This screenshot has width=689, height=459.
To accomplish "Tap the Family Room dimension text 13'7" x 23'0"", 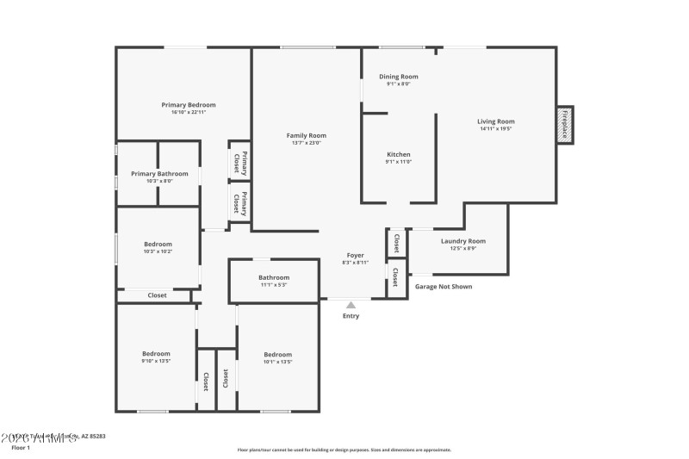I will pyautogui.click(x=306, y=143).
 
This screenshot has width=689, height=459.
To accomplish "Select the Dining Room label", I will pyautogui.click(x=399, y=77).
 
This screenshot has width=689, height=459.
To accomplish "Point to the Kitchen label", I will pyautogui.click(x=398, y=154).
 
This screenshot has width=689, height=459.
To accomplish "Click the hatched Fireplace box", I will pyautogui.click(x=565, y=125).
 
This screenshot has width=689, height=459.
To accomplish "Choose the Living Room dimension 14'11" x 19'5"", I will pyautogui.click(x=496, y=129).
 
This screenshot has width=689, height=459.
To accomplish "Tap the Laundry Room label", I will pyautogui.click(x=463, y=241).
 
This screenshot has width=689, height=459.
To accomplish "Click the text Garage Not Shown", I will pyautogui.click(x=444, y=287).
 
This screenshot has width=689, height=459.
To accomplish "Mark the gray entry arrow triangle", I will pyautogui.click(x=351, y=304).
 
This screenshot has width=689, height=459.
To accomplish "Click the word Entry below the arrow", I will pyautogui.click(x=351, y=316).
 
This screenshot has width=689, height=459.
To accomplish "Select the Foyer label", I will pyautogui.click(x=355, y=255).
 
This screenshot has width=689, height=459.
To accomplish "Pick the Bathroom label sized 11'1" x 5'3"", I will pyautogui.click(x=274, y=277).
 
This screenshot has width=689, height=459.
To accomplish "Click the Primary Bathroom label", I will pyautogui.click(x=159, y=173).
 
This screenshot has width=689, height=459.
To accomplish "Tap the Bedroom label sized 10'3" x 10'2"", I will pyautogui.click(x=158, y=244).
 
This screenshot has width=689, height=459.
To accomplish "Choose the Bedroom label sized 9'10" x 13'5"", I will pyautogui.click(x=156, y=353).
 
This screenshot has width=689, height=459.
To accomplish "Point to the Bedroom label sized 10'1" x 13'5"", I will pyautogui.click(x=277, y=355).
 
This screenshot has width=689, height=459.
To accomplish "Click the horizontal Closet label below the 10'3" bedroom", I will pyautogui.click(x=157, y=295).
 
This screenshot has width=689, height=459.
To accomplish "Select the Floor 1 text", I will pyautogui.click(x=21, y=449).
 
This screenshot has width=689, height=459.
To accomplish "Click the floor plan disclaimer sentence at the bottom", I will pyautogui.click(x=344, y=450).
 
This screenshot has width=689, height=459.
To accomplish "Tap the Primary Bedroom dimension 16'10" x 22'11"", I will pyautogui.click(x=189, y=112).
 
